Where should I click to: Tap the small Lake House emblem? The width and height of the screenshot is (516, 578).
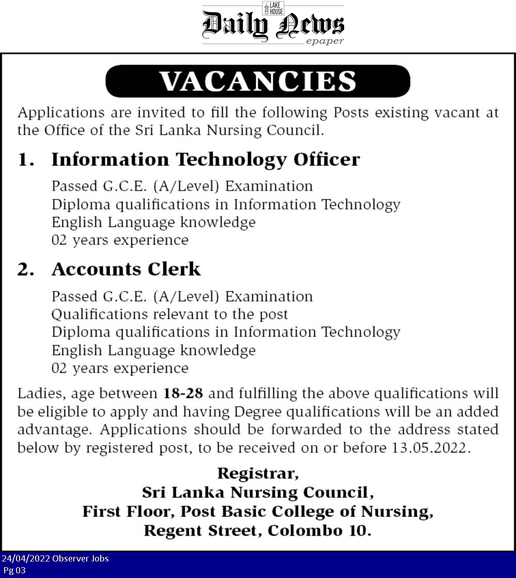coord(273,8)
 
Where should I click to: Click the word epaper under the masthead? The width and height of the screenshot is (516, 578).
coord(325,41)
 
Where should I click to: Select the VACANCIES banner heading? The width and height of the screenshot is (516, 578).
coord(257,81)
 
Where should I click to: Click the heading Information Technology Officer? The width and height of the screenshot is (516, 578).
coord(205,159)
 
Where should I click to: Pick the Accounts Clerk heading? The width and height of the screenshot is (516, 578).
coord(126,269)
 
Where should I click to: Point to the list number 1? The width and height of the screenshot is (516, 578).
coord(25,160)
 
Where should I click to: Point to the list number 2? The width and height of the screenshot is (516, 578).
coord(25,270)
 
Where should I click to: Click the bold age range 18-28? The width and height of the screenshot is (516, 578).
coord(183,394)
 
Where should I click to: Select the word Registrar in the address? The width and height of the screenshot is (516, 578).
coord(257,473)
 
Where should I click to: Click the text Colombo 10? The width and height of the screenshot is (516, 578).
coord(319,530)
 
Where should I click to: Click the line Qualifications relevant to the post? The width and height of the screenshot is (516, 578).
coord(170,314)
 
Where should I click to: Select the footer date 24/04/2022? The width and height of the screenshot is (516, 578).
coord(25,558)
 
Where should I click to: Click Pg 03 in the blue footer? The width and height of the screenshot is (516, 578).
coord(14,570)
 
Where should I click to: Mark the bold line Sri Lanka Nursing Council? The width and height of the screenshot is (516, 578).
coord(257,492)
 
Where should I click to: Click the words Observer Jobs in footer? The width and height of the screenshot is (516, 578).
coord(80,558)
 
